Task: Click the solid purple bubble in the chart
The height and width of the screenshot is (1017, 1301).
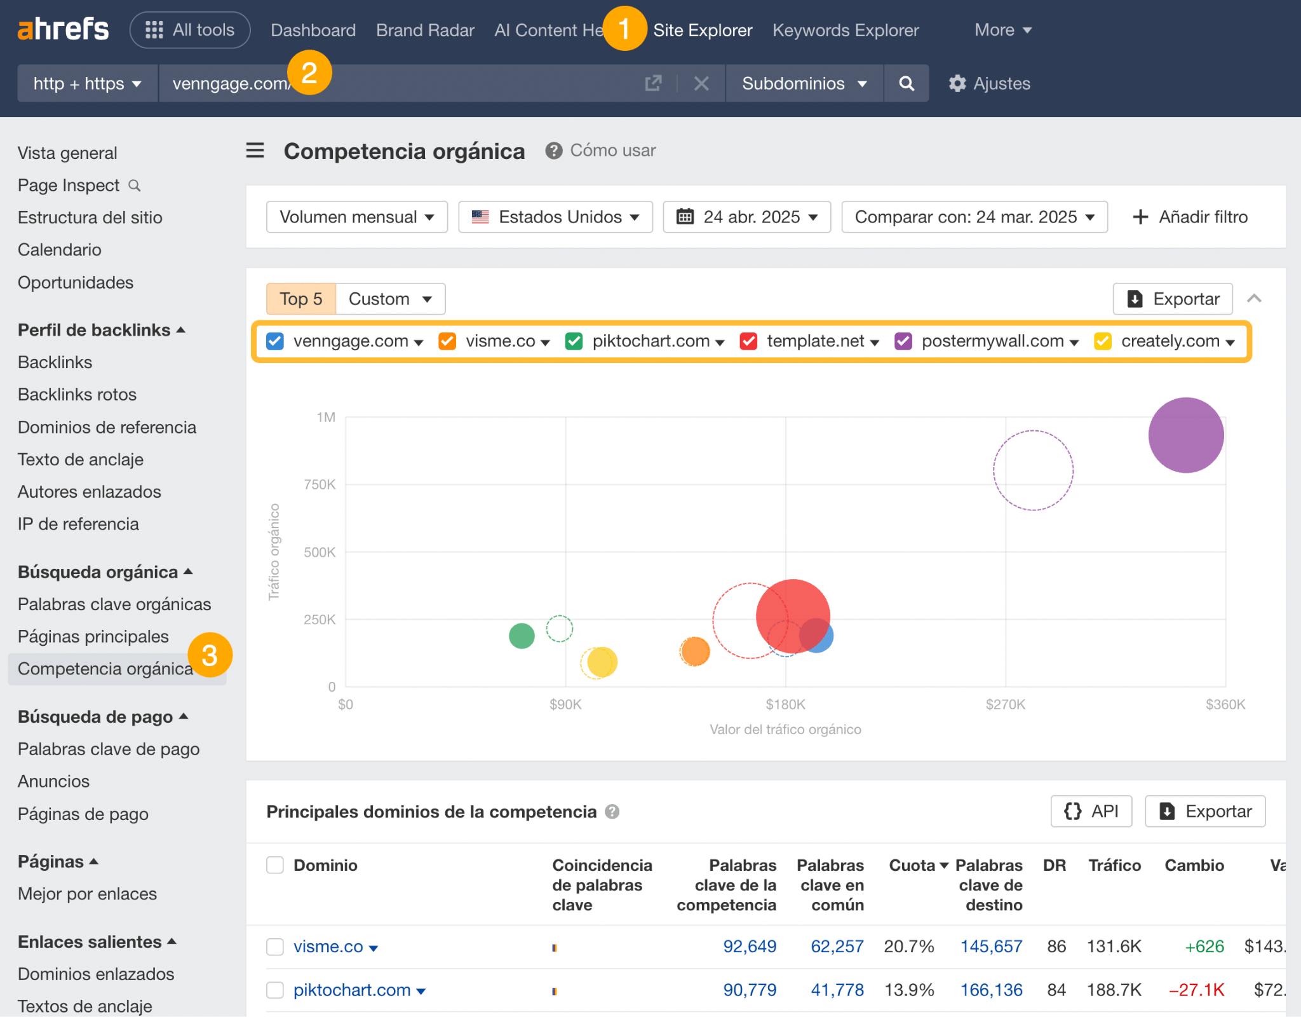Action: click(x=1185, y=435)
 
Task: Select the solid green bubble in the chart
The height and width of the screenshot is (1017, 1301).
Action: click(x=522, y=636)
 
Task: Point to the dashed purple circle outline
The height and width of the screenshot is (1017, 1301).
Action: click(x=1033, y=470)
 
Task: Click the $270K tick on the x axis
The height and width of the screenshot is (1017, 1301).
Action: click(x=1005, y=704)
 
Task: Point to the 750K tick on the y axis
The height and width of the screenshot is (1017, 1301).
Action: click(x=320, y=485)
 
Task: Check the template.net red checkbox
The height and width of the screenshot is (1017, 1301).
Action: click(x=748, y=341)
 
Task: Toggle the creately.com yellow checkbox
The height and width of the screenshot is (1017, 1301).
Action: click(x=1102, y=341)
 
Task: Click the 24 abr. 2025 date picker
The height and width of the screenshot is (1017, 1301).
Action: click(x=746, y=217)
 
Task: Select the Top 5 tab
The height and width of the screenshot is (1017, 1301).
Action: click(x=301, y=299)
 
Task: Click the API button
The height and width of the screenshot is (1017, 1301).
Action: click(x=1091, y=811)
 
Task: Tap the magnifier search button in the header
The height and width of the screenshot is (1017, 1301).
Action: click(x=907, y=83)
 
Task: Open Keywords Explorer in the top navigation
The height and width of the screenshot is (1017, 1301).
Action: click(x=845, y=30)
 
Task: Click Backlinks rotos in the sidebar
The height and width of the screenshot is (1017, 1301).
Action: click(x=77, y=395)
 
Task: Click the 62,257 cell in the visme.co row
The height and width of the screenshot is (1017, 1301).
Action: click(x=837, y=946)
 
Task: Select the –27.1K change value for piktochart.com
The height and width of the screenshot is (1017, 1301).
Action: click(x=1196, y=990)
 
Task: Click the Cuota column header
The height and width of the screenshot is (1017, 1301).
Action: click(x=912, y=865)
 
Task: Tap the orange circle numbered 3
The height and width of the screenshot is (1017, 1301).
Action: click(x=210, y=655)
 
